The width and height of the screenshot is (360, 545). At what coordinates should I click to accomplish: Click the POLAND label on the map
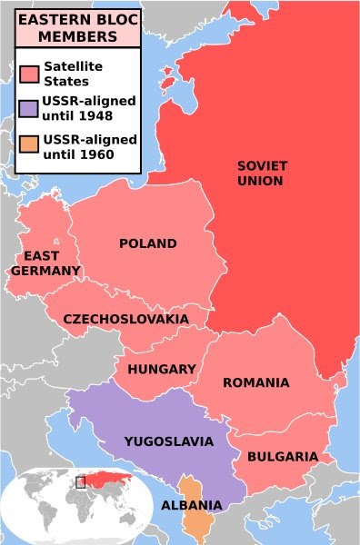tap(147, 243)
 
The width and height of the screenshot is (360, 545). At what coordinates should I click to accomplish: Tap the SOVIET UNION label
tap(260, 173)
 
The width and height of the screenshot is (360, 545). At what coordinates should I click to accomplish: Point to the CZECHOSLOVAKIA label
tap(125, 320)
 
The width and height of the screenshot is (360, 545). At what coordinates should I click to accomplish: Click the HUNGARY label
tap(162, 369)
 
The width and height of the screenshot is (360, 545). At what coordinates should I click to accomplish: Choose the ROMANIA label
tap(255, 382)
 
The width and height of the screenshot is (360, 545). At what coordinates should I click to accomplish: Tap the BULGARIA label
tap(283, 456)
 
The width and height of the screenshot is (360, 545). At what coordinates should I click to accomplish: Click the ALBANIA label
tap(190, 505)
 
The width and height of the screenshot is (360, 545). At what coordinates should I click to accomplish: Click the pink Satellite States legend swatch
tap(29, 72)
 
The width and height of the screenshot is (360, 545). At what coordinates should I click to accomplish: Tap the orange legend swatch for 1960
tap(29, 146)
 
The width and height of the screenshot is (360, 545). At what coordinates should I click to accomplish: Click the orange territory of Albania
tap(194, 522)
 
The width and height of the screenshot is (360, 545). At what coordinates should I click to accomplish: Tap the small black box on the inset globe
tap(80, 481)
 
